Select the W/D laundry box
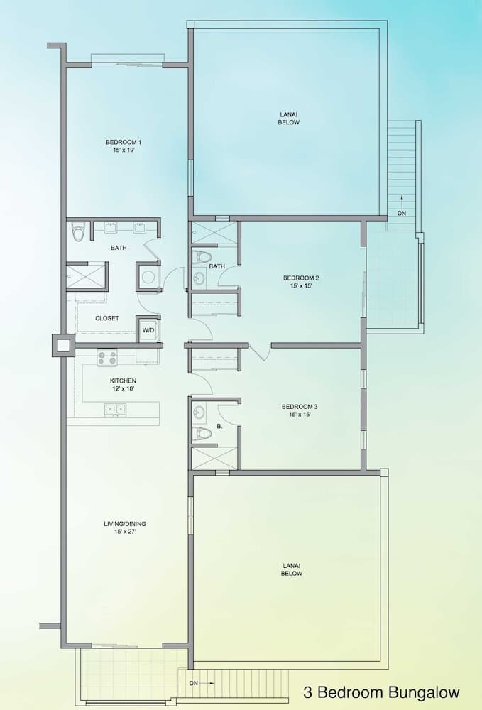(x=148, y=330)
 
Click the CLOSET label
(x=107, y=318)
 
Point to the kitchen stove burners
(x=107, y=357)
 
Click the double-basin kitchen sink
(x=116, y=409)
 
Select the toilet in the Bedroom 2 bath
(x=203, y=257)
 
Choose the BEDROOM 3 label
(x=300, y=407)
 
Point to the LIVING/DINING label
(x=124, y=524)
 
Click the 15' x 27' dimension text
(x=124, y=532)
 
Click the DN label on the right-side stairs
(x=402, y=212)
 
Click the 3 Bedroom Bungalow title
(x=381, y=692)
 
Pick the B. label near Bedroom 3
(x=220, y=427)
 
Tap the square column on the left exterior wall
(x=62, y=345)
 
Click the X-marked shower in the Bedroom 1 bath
(x=85, y=276)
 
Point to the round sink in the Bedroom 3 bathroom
(x=199, y=412)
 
